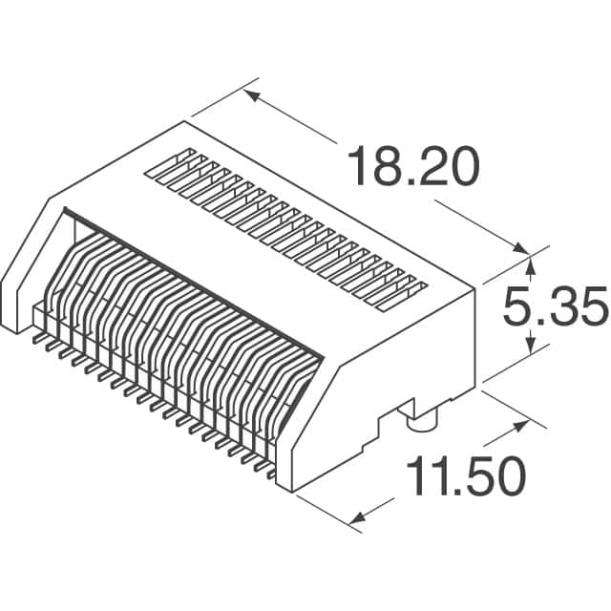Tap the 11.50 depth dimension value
pos(466,477)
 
